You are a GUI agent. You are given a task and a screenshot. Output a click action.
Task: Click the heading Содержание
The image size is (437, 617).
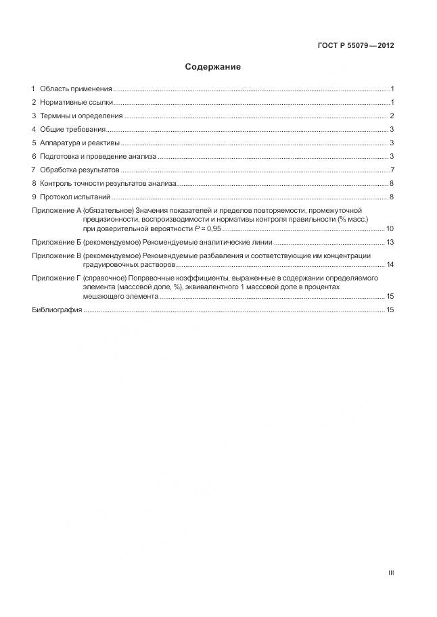[212, 68]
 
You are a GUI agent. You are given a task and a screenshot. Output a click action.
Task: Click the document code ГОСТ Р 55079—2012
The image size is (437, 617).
[355, 46]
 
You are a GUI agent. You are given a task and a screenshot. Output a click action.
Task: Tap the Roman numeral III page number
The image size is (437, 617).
[391, 573]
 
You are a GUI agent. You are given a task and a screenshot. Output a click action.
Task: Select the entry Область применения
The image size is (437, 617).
[76, 89]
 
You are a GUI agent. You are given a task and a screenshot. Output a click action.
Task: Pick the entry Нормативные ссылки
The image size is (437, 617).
[76, 103]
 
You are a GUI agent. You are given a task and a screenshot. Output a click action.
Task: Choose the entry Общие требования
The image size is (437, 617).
[72, 130]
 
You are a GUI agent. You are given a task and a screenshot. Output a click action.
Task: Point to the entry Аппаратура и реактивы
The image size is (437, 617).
[80, 143]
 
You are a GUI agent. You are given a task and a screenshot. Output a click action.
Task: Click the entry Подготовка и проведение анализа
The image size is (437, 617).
[98, 157]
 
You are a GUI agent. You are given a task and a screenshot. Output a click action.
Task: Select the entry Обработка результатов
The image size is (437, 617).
[79, 170]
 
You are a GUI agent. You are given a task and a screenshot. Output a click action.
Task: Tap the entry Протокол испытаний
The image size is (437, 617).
[75, 197]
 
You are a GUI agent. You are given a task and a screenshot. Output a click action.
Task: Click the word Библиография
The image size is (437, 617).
[57, 310]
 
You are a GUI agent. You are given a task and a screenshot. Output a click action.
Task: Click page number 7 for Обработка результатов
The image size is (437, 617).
[392, 170]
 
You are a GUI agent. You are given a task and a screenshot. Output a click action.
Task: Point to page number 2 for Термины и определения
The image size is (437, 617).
[392, 116]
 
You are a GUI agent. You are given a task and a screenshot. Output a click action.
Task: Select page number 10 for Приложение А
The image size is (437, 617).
[390, 229]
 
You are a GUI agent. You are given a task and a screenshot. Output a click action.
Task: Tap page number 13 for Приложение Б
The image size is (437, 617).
[390, 242]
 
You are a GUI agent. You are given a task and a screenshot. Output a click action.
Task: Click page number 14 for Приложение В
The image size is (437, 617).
[390, 264]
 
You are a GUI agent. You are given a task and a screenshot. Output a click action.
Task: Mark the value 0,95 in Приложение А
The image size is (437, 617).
[210, 229]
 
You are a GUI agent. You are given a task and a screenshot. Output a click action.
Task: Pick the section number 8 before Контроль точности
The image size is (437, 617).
[34, 183]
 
